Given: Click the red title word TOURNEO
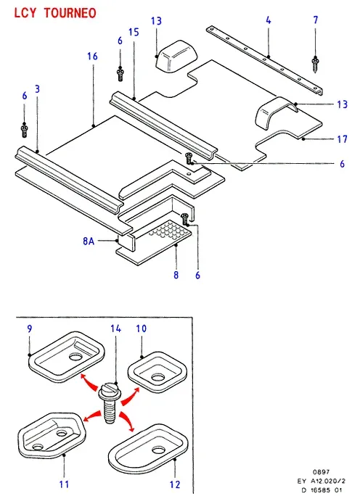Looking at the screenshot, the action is point(70,13).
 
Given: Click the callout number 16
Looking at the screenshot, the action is point(92,57).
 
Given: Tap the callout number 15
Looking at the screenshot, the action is point(134,32).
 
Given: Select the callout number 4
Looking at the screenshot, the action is point(269,20).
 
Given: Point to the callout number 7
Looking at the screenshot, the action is point(316,20).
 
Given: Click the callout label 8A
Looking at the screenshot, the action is point(89,241).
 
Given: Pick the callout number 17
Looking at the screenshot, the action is point(343,139).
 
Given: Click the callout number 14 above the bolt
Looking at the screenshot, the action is point(116,329).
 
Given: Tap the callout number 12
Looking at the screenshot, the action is point(175,484).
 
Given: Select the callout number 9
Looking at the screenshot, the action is point(30,329).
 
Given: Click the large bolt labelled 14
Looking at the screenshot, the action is point(109,403).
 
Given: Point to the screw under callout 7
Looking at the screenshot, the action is point(315,65).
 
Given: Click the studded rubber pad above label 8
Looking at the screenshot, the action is point(169,231).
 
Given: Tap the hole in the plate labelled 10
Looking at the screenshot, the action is point(158,378).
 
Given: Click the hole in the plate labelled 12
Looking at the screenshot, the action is point(158,450).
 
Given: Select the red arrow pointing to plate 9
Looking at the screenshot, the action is point(89,381).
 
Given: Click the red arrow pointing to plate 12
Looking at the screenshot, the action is point(127,421).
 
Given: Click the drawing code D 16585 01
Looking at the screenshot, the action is point(322,490).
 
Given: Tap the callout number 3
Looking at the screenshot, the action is point(37,89).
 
